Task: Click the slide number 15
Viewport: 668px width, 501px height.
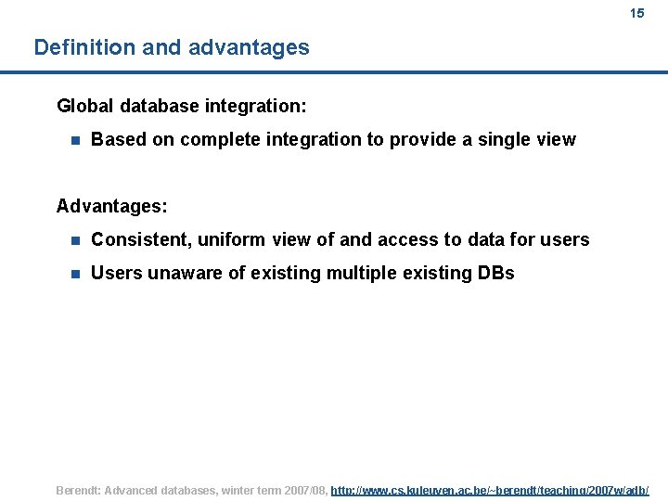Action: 636,13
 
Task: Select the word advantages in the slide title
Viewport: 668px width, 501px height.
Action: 249,47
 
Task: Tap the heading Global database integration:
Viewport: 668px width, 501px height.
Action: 182,106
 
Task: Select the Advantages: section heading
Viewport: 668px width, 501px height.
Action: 111,205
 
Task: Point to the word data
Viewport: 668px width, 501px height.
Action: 488,239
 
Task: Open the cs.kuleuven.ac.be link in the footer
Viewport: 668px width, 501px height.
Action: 490,490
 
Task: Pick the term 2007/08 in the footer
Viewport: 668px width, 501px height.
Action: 302,490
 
